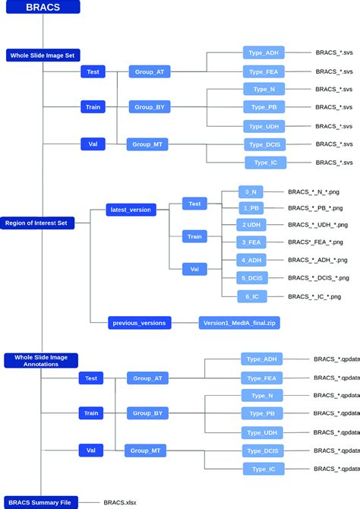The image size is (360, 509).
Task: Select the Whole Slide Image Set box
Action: (x=43, y=55)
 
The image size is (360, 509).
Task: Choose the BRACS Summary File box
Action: (x=39, y=502)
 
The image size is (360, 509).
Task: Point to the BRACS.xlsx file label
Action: (x=119, y=502)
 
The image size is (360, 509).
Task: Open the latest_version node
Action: (x=131, y=209)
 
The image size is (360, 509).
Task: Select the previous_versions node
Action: (x=140, y=323)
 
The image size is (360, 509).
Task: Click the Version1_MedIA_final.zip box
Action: (x=239, y=323)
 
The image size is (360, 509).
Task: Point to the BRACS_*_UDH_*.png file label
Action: (x=317, y=225)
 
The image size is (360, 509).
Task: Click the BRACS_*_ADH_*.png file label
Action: (x=317, y=260)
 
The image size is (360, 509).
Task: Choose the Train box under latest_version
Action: (x=195, y=236)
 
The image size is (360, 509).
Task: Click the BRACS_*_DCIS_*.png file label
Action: (x=317, y=278)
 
